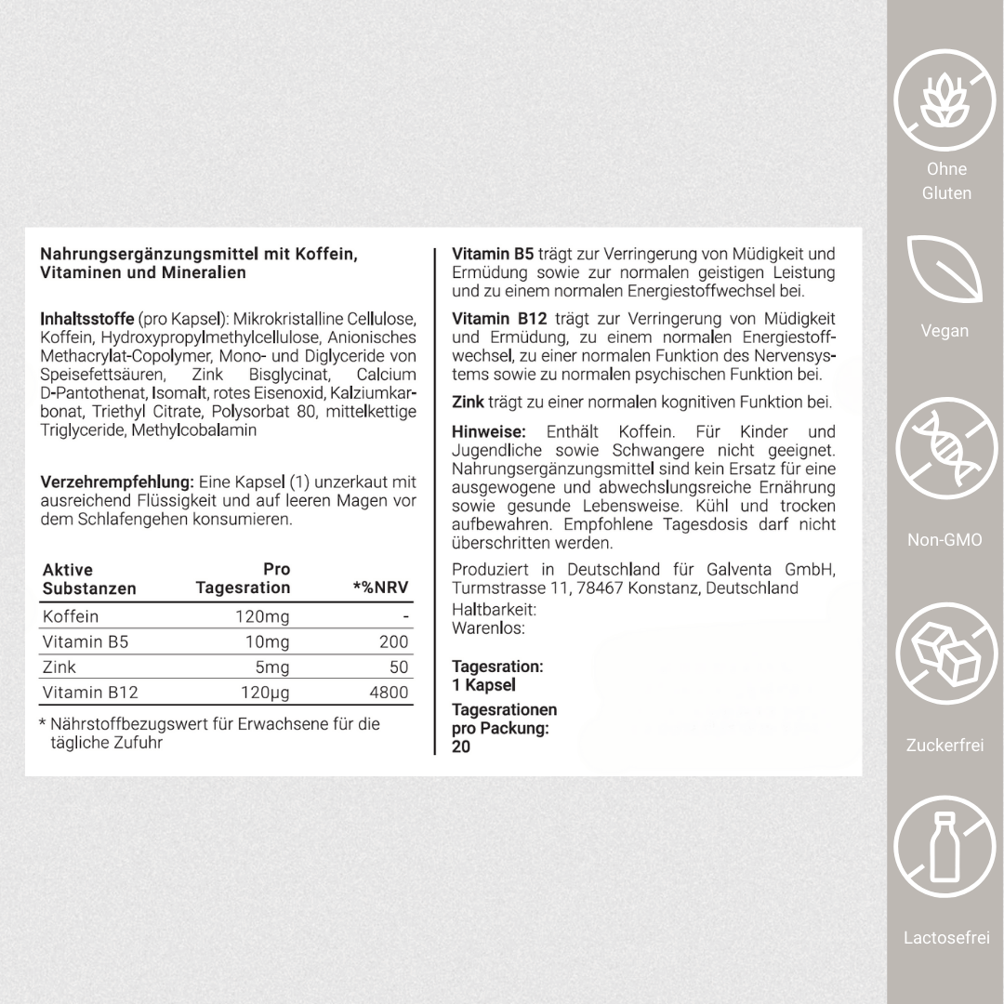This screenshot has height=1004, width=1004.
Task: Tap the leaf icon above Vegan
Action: pos(944,269)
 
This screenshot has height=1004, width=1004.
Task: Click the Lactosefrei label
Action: pos(945,938)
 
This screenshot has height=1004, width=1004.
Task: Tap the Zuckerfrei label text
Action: pos(945,745)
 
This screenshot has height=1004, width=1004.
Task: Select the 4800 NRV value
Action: pos(388,693)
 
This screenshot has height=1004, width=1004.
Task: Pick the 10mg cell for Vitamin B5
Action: pos(269,642)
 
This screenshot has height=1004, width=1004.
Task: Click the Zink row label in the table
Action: pos(59,667)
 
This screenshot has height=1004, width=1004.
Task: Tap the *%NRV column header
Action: pos(380,588)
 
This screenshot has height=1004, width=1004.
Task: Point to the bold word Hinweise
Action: pos(489,431)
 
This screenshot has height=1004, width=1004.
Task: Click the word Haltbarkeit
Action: pos(494,610)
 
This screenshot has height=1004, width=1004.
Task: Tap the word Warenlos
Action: pos(488,628)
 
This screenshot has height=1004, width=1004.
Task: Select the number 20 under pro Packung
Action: pos(461,746)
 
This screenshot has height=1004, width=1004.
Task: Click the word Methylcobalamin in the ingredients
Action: pos(194,430)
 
